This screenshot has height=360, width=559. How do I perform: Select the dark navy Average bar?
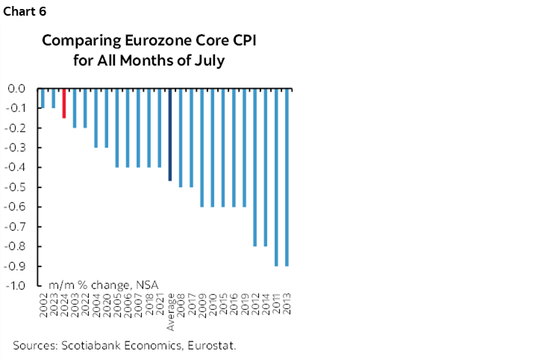(170, 134)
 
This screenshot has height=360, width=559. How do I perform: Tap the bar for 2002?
(43, 98)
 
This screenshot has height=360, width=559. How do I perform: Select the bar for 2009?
(202, 147)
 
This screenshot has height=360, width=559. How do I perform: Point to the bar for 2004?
(96, 118)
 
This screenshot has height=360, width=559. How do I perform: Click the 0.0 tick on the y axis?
(17, 88)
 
